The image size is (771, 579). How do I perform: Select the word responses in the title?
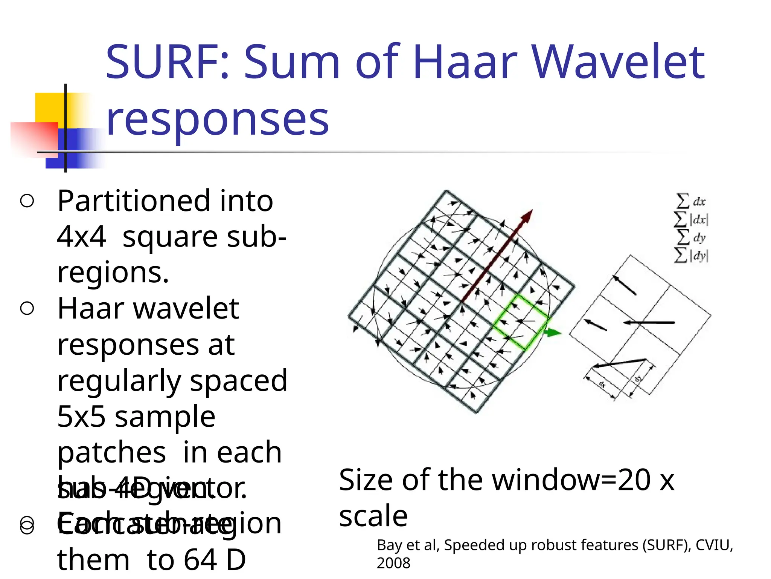click(x=218, y=120)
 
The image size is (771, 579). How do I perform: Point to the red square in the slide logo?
click(x=34, y=138)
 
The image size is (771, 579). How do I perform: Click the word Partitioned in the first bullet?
click(x=134, y=202)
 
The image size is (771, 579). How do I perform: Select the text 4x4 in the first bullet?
click(x=81, y=237)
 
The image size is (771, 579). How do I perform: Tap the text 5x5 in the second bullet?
click(x=81, y=417)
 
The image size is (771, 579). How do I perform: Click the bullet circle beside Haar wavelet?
click(x=27, y=308)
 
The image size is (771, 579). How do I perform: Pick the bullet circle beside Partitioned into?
click(x=27, y=201)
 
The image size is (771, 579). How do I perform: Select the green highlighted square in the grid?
click(x=520, y=322)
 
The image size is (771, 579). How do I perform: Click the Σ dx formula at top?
click(x=691, y=201)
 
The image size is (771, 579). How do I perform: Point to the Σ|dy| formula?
click(x=691, y=256)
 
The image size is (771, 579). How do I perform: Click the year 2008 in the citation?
click(x=393, y=563)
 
